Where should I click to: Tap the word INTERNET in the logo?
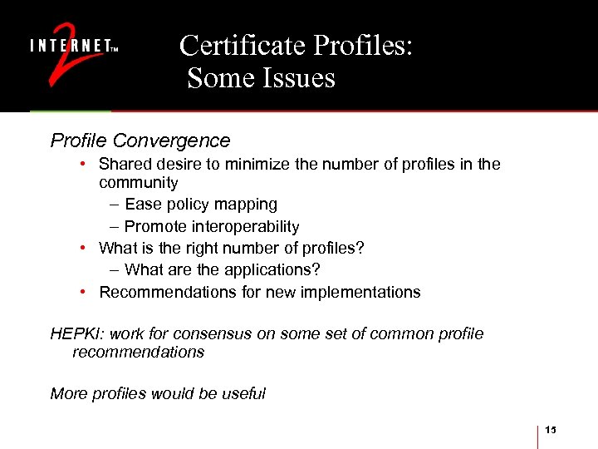(x=70, y=47)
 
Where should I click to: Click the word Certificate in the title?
(x=239, y=46)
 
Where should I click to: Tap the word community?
(x=138, y=182)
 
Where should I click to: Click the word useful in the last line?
(x=243, y=393)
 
